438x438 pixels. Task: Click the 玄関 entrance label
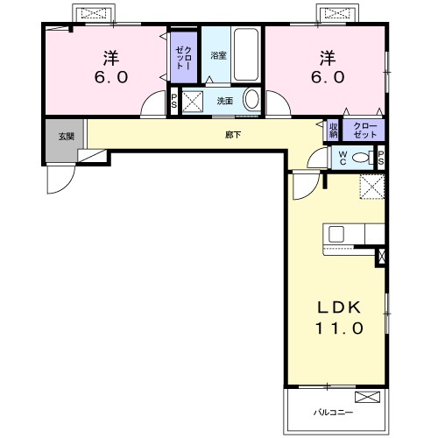click(x=67, y=137)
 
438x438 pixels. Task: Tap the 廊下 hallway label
click(x=233, y=135)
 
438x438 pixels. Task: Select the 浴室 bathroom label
click(x=218, y=55)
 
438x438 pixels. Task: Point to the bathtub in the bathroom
click(x=246, y=54)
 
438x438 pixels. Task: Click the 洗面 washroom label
click(x=225, y=101)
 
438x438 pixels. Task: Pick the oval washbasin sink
click(x=251, y=99)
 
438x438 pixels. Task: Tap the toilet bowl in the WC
click(x=360, y=158)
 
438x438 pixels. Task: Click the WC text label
click(x=343, y=158)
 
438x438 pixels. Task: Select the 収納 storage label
click(x=333, y=131)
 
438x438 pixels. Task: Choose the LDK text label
click(x=339, y=307)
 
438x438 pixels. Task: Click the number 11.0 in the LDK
click(x=339, y=328)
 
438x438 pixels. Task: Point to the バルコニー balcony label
click(x=333, y=413)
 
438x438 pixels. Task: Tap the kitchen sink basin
click(x=336, y=234)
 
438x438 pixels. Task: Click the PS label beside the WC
click(x=381, y=158)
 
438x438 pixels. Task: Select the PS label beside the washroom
click(x=174, y=101)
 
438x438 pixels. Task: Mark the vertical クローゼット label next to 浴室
click(x=184, y=58)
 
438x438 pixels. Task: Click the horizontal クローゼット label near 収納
click(x=365, y=131)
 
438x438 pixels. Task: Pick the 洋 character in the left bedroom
click(x=111, y=58)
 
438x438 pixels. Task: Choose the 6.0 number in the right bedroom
click(x=328, y=77)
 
